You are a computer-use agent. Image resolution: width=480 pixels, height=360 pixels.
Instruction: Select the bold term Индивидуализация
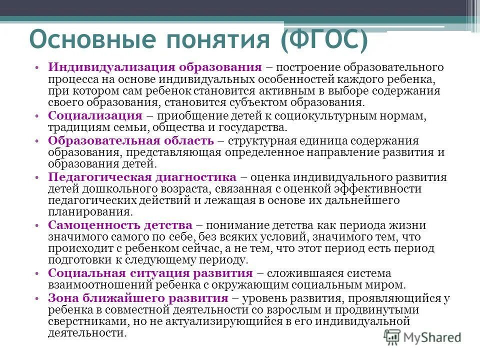point(105,67)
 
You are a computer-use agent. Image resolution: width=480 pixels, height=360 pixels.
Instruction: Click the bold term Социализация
point(95,115)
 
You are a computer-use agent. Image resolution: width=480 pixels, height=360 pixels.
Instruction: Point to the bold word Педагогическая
point(100,177)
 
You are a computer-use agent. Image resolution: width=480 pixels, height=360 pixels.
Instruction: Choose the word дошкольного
point(120,189)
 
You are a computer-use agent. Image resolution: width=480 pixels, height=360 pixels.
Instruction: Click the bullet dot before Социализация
point(38,115)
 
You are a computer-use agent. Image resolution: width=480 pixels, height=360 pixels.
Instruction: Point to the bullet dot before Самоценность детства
point(38,225)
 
